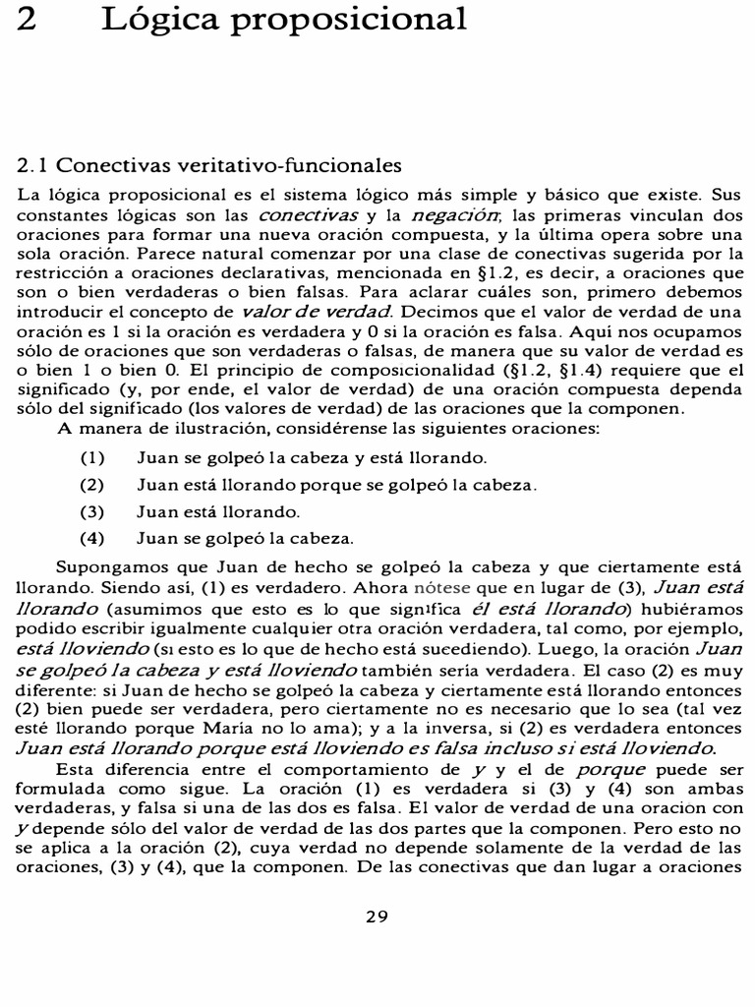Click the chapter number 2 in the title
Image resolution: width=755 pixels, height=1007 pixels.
pos(27,19)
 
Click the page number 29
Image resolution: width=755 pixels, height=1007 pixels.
pos(377,917)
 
